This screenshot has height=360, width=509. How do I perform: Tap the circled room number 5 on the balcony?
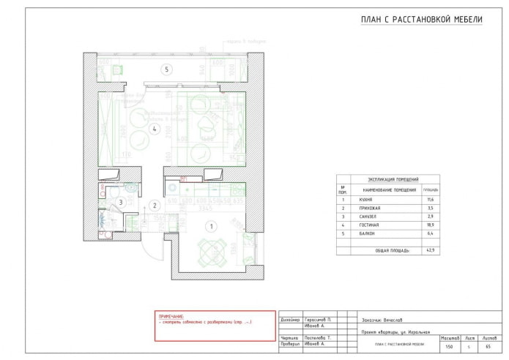[x=167, y=70]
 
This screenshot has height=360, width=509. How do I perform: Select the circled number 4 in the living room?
[x=155, y=130]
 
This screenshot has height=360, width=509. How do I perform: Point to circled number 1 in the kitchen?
[x=212, y=226]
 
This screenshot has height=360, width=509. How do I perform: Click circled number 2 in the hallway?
[x=155, y=206]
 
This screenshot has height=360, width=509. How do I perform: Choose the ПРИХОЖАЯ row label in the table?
[x=363, y=209]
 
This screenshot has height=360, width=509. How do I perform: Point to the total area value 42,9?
[x=430, y=250]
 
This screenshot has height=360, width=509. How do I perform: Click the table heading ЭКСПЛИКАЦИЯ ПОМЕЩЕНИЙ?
[x=387, y=179]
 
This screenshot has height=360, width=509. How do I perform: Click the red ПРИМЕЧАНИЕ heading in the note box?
[x=172, y=316]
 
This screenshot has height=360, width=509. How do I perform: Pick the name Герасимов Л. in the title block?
[x=319, y=320]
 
